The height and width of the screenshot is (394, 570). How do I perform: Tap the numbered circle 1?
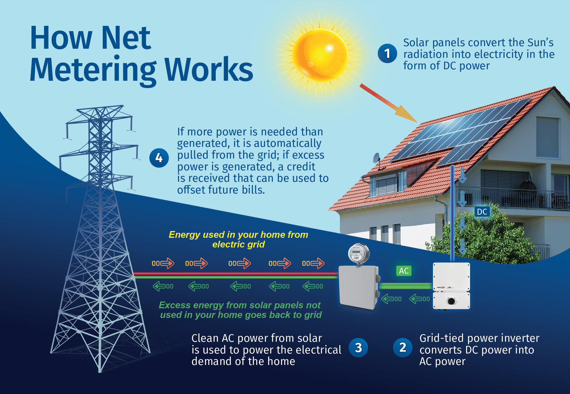tap(387, 53)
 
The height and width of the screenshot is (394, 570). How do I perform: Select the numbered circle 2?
tap(403, 348)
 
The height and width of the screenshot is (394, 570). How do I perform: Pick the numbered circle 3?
tap(358, 348)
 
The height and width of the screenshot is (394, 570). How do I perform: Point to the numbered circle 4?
tap(159, 158)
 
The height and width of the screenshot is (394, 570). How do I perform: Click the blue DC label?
tap(482, 212)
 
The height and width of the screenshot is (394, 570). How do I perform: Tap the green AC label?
tap(404, 271)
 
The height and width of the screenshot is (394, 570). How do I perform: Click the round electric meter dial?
tap(358, 253)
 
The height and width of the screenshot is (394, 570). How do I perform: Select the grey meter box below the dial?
tap(359, 287)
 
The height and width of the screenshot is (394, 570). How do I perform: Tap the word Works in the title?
tap(209, 69)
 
